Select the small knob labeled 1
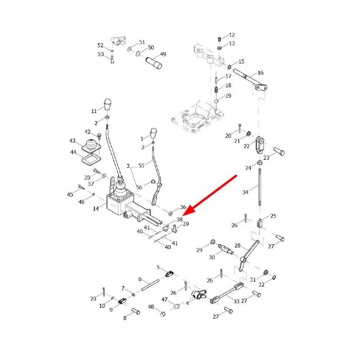click(x=153, y=134)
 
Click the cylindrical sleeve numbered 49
click(x=155, y=63)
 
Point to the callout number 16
click(x=261, y=73)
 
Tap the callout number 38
click(x=180, y=219)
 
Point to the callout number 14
click(x=95, y=209)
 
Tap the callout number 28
click(x=238, y=246)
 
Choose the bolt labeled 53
click(x=112, y=58)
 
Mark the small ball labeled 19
click(x=216, y=102)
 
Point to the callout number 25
click(x=273, y=216)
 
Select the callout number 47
click(x=165, y=299)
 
